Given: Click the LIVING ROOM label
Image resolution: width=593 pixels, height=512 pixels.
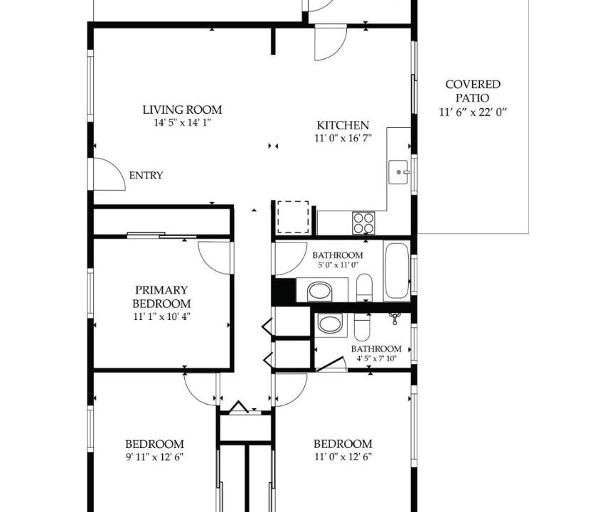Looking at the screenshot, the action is (182, 110).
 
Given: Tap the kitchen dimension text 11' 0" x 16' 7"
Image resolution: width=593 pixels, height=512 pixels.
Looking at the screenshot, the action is (343, 139).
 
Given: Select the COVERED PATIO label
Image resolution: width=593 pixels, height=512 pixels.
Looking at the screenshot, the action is (473, 91).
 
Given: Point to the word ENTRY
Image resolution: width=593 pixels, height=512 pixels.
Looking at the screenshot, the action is (146, 176).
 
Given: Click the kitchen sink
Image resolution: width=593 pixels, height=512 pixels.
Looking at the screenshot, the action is (398, 172).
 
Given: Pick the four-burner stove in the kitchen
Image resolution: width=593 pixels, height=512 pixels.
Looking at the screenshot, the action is (364, 223).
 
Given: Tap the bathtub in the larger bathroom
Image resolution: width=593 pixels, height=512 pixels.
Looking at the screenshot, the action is (396, 270).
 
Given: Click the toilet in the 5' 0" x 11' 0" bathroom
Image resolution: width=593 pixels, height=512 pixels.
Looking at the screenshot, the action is (364, 287).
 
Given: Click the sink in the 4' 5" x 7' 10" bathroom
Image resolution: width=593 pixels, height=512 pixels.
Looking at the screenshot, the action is (331, 325).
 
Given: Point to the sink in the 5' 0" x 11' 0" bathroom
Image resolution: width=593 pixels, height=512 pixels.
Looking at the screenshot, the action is (320, 291).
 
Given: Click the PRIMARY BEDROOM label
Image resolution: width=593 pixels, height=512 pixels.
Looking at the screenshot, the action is (161, 297).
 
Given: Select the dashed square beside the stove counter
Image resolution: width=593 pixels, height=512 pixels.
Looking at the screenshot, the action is (293, 217).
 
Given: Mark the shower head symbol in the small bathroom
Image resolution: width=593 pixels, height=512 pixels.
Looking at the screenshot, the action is (395, 318).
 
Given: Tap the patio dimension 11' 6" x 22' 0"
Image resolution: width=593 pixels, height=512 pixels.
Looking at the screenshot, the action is (473, 112).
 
